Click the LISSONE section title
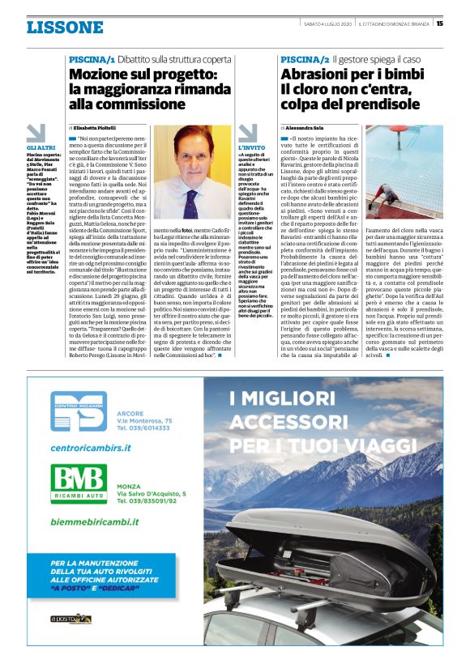coord(65,28)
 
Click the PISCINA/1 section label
coord(92,60)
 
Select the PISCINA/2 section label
coord(305,60)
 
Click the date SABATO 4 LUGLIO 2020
coord(331,23)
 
